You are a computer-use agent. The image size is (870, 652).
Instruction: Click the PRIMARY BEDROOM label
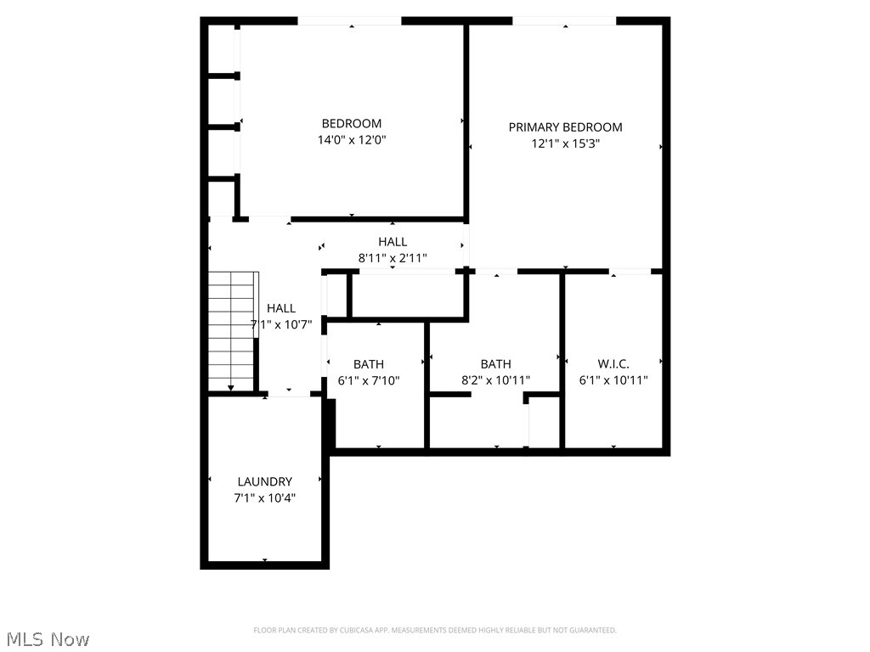565,127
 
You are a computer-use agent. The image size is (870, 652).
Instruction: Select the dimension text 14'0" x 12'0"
352,140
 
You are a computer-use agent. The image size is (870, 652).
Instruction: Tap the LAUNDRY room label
265,481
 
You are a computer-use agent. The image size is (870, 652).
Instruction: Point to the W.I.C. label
613,364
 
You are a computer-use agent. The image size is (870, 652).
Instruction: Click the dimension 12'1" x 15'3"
566,144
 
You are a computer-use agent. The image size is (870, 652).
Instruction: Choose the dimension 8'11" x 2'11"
393,258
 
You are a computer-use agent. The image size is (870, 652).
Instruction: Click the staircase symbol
232,331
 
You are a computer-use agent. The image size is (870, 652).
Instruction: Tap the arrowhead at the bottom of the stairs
231,388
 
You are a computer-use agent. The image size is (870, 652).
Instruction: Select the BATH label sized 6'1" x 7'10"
369,364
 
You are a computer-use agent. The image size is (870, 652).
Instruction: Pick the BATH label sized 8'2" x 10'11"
495,364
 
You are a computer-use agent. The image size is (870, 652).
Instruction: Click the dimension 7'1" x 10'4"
265,498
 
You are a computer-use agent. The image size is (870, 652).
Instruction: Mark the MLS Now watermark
48,638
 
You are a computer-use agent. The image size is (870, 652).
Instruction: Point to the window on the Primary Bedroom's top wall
564,21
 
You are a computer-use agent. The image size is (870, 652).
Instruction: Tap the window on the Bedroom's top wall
349,21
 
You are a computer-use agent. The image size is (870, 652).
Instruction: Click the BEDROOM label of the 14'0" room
352,123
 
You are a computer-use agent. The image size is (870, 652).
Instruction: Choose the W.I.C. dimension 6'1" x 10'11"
613,381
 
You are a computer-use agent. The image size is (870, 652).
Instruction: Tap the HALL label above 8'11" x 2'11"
393,242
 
